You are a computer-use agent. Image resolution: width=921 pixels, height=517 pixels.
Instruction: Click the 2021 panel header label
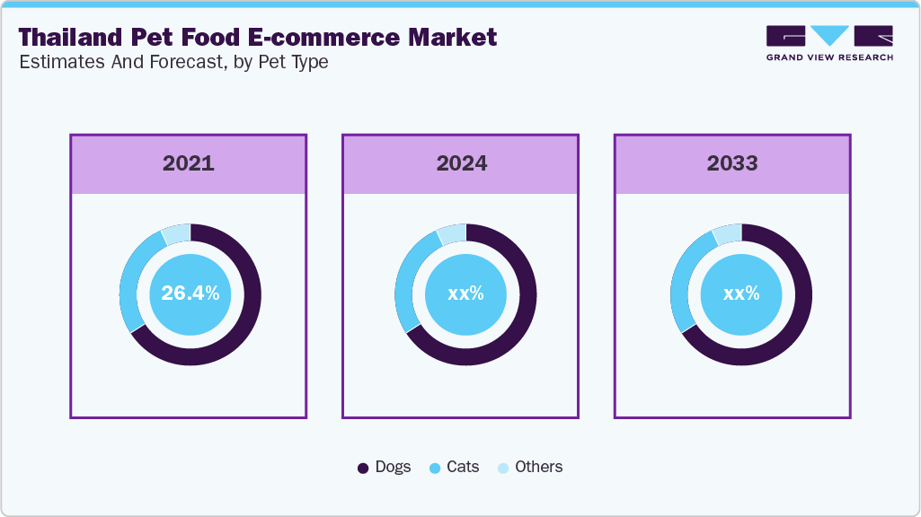point(189,163)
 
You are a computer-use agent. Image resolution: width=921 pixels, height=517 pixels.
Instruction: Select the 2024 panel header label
point(462,163)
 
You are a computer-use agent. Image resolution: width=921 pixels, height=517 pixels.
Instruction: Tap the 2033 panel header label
point(732,163)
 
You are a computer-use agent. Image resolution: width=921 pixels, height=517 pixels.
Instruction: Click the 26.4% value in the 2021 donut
point(190,294)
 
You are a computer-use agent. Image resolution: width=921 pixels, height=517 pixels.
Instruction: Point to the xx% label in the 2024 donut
point(465,294)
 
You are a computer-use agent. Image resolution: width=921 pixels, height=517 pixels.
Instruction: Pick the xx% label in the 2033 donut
point(741,294)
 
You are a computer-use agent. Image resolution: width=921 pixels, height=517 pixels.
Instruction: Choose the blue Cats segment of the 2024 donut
point(404,287)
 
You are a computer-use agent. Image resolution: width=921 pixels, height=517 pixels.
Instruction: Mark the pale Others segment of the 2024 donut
point(452,232)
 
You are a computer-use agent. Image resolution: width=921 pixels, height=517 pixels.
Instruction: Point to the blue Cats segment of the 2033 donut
point(680,287)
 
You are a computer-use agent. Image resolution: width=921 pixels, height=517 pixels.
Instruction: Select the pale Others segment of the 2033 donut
point(728,232)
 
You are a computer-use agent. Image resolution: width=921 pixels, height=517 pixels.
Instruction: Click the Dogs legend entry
point(385,467)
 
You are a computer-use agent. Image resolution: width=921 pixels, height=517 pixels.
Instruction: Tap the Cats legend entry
point(455,467)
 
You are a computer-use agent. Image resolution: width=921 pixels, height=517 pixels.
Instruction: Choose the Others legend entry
point(530,467)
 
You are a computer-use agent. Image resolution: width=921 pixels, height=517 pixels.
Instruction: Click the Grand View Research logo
point(829,43)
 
